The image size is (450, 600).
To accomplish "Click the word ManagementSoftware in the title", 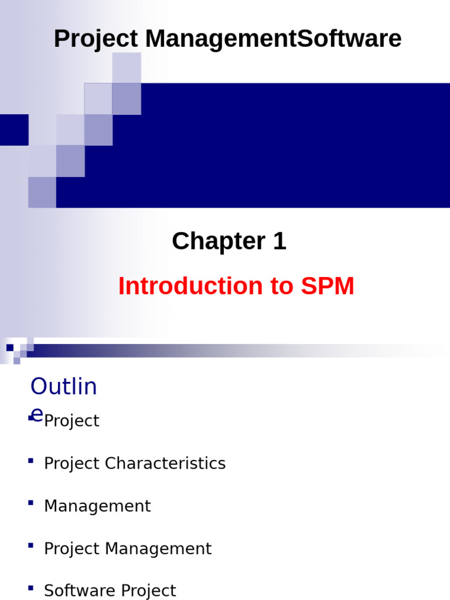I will point(273,39).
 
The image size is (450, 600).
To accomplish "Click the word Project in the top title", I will point(96,39).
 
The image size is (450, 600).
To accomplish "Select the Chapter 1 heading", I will point(229,241).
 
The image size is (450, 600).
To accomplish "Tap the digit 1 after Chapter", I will point(278,241).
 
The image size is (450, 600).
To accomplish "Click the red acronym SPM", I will point(328,287).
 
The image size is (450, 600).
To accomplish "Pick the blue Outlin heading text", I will point(63,387).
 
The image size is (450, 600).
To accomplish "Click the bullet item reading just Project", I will point(71,421).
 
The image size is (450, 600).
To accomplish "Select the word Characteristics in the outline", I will point(165,463).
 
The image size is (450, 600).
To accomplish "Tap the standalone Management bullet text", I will point(97,506).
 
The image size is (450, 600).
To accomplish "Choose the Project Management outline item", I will point(128,549).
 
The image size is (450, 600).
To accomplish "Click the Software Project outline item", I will point(110,591).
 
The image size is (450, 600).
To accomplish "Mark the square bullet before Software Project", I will point(30,588).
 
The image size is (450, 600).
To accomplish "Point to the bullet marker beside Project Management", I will point(30,546).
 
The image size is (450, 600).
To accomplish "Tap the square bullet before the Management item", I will point(30,503).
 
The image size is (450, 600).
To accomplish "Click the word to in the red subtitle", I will point(284,287).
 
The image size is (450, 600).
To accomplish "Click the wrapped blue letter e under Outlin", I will point(36,415).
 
